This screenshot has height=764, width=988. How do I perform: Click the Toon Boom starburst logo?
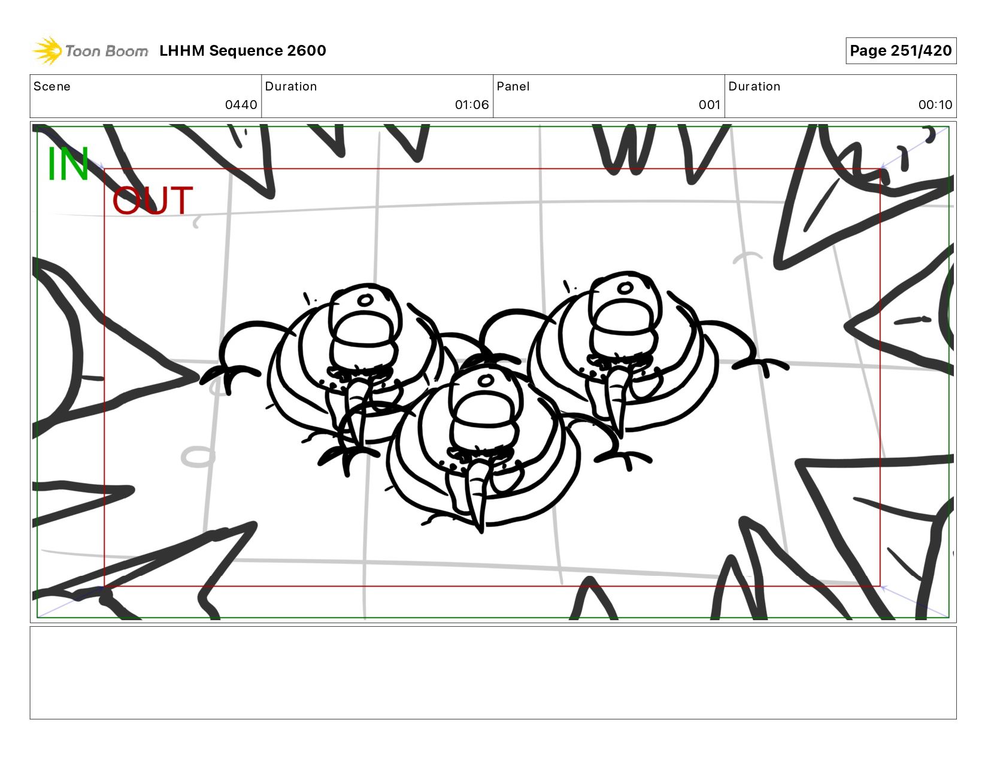click(47, 50)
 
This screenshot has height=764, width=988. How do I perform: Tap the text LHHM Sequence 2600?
click(243, 50)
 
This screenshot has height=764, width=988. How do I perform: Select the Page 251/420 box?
click(901, 50)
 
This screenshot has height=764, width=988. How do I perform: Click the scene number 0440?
click(241, 105)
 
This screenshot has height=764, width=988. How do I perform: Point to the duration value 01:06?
click(472, 105)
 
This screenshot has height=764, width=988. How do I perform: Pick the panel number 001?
click(710, 105)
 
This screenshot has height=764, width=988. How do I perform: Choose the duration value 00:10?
click(935, 105)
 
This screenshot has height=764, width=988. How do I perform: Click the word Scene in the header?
click(52, 86)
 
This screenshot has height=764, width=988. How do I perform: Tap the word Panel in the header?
click(513, 86)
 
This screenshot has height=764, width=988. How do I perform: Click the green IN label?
click(68, 164)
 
